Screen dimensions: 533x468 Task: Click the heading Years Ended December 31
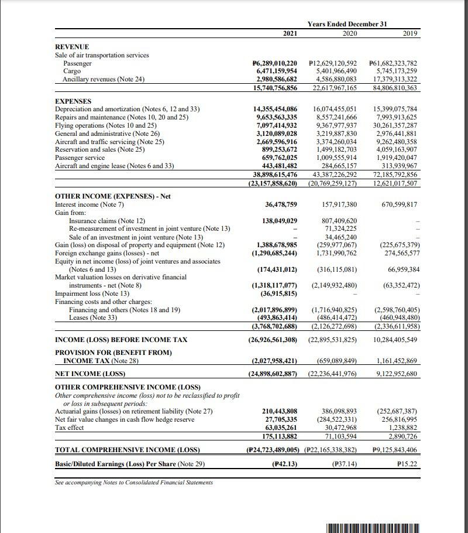click(349, 24)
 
